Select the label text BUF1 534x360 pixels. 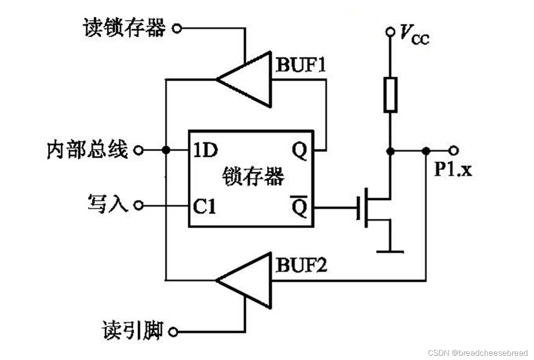301,65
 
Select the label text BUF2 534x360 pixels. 301,266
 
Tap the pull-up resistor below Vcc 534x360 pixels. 390,95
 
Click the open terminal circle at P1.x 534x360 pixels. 454,150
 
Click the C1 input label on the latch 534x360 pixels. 204,207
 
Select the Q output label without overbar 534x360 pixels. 299,151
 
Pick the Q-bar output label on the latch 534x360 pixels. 299,207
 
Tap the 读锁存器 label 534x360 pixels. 124,28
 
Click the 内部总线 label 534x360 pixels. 87,150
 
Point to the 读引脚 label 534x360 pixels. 132,330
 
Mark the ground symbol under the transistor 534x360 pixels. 390,251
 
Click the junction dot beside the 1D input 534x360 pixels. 166,150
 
